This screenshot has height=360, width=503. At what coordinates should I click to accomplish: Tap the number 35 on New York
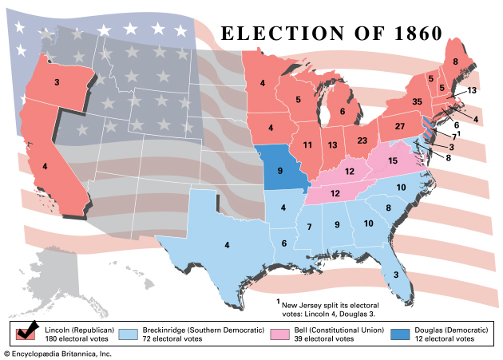(x=394, y=102)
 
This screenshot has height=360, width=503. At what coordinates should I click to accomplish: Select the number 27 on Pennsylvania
(x=401, y=127)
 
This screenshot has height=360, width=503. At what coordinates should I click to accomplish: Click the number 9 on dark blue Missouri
(x=280, y=170)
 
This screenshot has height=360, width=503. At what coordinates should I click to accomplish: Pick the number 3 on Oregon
(x=57, y=82)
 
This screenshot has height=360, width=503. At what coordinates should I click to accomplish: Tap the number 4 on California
(x=44, y=167)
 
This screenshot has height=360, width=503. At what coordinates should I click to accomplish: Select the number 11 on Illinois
(x=307, y=144)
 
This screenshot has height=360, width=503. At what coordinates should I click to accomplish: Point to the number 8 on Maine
(x=455, y=61)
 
